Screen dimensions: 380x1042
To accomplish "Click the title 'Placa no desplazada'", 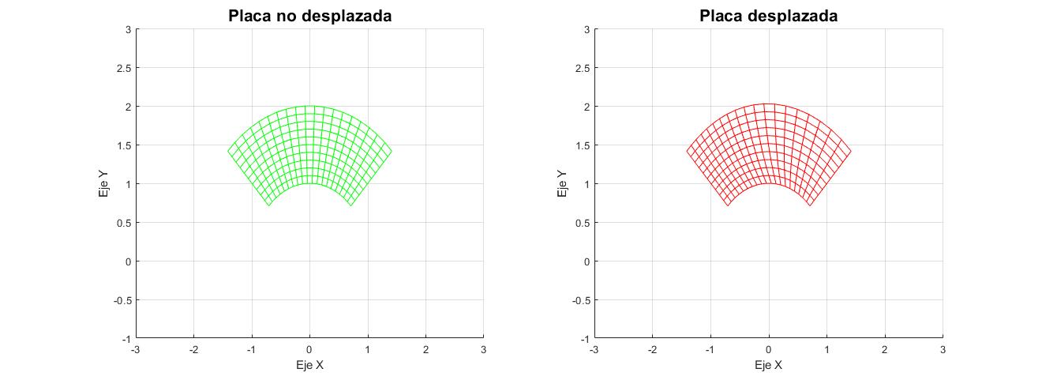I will [x=309, y=16].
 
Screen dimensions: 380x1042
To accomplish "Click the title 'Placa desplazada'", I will [x=768, y=16].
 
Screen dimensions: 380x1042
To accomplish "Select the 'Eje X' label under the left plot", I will [x=309, y=365].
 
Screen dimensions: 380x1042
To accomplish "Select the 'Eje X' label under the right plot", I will [x=768, y=365].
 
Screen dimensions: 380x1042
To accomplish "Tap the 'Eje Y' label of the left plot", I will [x=103, y=183].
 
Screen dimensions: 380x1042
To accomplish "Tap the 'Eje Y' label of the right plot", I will [x=562, y=183].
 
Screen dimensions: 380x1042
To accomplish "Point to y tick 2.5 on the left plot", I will [x=123, y=68].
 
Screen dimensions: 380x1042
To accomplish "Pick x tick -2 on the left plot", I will [x=193, y=349].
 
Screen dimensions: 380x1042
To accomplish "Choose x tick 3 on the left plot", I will [x=483, y=349].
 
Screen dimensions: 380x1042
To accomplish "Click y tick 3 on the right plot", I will [x=587, y=29].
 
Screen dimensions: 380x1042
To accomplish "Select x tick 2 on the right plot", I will [x=884, y=349].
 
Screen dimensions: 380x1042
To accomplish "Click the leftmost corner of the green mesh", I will [x=228, y=151].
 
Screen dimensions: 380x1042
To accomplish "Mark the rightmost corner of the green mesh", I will [x=392, y=151].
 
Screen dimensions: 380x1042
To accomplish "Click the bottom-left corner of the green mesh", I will [x=269, y=206].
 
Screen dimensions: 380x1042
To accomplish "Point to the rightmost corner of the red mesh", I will [x=851, y=151].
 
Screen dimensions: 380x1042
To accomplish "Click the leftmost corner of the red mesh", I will [x=686, y=151].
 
